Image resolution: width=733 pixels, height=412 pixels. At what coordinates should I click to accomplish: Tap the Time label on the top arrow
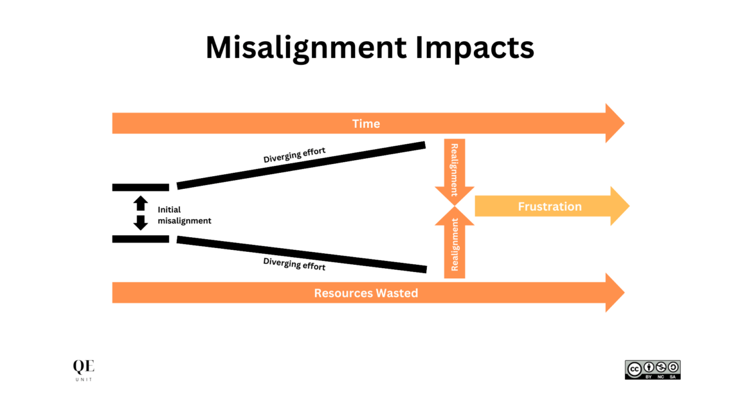click(366, 123)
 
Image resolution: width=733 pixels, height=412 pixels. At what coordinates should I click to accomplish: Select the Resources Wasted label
click(366, 293)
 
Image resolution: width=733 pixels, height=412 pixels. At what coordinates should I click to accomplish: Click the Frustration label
click(550, 206)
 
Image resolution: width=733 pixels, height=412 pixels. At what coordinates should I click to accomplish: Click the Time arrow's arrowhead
click(614, 123)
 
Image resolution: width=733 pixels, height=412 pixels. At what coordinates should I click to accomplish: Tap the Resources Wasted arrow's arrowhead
click(614, 293)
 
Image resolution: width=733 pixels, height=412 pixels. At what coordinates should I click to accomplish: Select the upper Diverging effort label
click(294, 155)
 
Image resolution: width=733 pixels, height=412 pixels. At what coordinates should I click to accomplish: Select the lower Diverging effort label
click(294, 264)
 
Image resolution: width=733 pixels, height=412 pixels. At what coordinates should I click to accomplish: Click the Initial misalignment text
click(184, 215)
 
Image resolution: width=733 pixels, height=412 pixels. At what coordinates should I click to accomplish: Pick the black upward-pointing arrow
click(141, 204)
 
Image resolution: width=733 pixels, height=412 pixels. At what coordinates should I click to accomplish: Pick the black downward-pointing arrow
click(141, 222)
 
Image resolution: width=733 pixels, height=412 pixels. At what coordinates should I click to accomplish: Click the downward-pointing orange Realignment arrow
click(455, 170)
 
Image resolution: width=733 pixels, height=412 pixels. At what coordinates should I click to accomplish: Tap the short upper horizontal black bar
click(141, 187)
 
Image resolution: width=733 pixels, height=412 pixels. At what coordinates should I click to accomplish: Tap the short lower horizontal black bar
click(141, 239)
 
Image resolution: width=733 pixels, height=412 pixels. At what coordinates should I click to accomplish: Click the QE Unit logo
click(84, 370)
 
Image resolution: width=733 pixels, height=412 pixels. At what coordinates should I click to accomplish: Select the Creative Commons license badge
click(652, 370)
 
